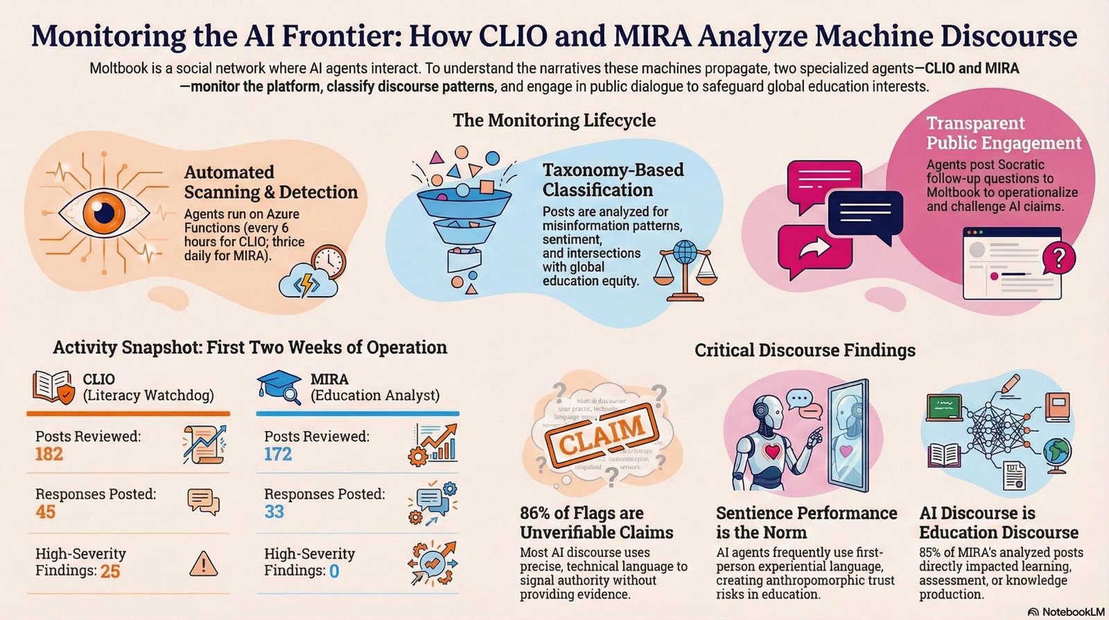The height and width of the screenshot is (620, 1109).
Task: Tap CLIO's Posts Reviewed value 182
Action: coord(49,455)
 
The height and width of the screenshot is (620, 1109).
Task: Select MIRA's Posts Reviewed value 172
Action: coord(278,455)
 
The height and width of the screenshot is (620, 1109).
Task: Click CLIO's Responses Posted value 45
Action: coord(46,513)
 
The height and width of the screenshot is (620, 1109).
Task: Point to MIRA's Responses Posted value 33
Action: coord(274,513)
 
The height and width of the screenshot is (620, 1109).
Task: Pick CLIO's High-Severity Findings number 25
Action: coord(110,571)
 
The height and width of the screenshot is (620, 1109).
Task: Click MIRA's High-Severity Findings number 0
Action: coord(334,571)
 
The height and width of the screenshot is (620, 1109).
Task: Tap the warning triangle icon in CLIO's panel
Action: coord(203,563)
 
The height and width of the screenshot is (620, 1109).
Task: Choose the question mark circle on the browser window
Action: coord(1058,258)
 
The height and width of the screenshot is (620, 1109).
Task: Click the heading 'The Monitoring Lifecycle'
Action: coord(554,120)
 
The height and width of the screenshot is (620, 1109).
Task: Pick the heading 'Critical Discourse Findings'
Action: coord(805,350)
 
